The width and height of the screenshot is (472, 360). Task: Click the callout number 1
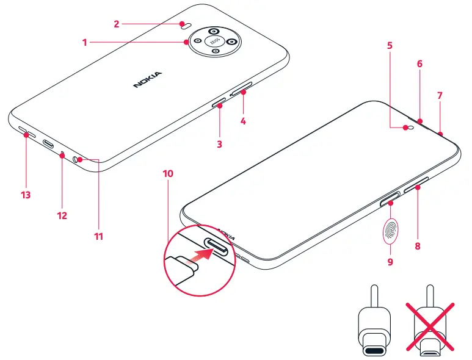[x=85, y=42]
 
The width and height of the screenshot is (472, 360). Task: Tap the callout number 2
[x=116, y=24]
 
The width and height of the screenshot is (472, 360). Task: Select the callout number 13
[x=26, y=195]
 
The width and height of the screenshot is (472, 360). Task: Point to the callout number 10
[x=168, y=173]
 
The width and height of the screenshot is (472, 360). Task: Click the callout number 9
[x=390, y=262]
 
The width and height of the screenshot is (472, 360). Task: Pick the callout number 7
[x=440, y=96]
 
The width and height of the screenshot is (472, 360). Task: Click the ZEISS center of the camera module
[x=214, y=41]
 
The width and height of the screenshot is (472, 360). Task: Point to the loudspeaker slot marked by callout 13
[x=24, y=131]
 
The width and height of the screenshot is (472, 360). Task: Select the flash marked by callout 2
[x=184, y=26]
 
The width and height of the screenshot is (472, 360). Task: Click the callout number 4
[x=243, y=121]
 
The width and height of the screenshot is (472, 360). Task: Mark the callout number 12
[x=62, y=215]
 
